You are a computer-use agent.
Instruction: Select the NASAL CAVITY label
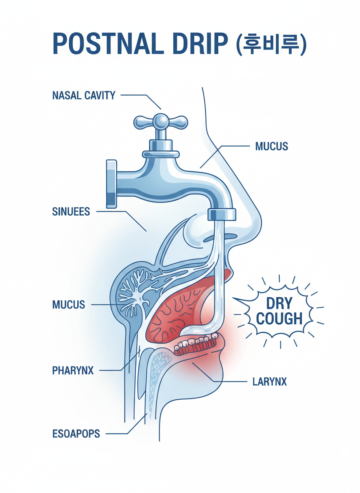tap(84, 95)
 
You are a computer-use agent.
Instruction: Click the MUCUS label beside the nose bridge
tap(271, 147)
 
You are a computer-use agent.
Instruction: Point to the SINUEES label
tap(71, 212)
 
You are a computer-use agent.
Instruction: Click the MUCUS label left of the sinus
tap(68, 304)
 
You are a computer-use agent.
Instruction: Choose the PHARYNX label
tap(73, 370)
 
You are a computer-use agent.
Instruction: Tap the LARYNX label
tap(270, 381)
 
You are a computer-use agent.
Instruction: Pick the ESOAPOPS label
tap(76, 434)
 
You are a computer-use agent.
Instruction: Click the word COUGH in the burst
tap(279, 319)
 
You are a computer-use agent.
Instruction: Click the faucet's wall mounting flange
tap(111, 184)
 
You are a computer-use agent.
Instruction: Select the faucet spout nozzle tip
tap(222, 214)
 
